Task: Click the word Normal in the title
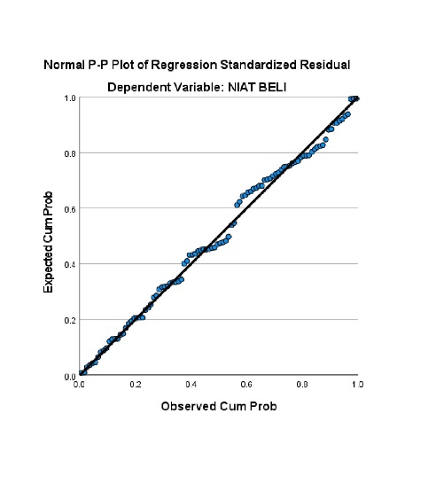click(x=64, y=65)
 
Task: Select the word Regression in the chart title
click(x=184, y=65)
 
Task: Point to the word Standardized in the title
click(x=259, y=65)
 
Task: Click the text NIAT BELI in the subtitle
click(x=257, y=88)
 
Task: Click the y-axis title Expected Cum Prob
click(x=48, y=242)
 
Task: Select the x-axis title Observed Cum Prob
click(x=219, y=406)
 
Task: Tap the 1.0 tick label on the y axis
click(x=70, y=98)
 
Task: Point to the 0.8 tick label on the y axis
click(x=70, y=153)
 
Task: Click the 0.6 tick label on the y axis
click(x=70, y=209)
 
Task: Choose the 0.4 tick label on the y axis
click(x=70, y=265)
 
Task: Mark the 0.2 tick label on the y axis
click(x=70, y=320)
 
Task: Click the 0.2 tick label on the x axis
click(x=136, y=385)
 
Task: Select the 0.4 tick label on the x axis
click(x=191, y=385)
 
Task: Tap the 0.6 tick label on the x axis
click(x=246, y=385)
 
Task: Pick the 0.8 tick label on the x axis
click(x=302, y=385)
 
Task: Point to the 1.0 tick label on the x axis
click(x=358, y=385)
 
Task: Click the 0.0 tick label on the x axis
click(x=80, y=385)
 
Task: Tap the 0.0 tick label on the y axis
click(x=70, y=377)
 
